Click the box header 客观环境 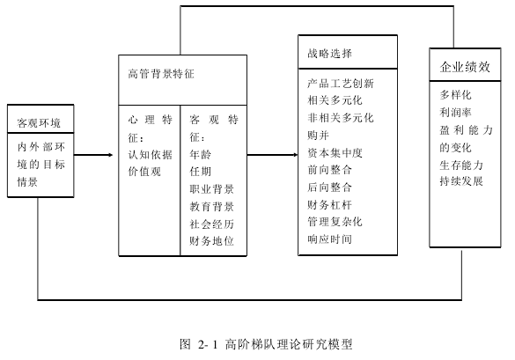click(39, 123)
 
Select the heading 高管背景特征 click(161, 74)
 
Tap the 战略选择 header click(329, 53)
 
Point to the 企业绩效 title click(465, 67)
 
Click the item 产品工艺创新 click(341, 84)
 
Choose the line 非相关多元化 click(341, 118)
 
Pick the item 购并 click(319, 135)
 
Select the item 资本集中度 click(335, 153)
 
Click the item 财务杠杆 click(329, 204)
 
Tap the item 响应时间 click(329, 239)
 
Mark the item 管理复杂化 click(335, 222)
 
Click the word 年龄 click(201, 154)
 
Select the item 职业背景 click(211, 189)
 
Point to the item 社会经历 click(211, 224)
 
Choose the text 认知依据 click(151, 154)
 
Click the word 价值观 click(144, 172)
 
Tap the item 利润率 click(455, 113)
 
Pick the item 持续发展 click(461, 181)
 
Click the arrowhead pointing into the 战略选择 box click(295, 155)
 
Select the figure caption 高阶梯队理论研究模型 click(289, 344)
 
